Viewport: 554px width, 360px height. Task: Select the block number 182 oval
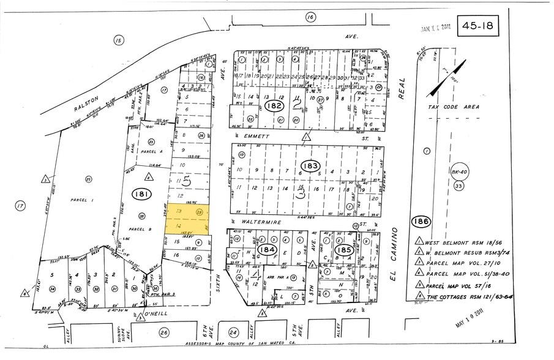[274, 107]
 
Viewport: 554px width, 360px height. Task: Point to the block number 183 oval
[312, 165]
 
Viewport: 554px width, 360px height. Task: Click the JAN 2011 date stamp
[435, 28]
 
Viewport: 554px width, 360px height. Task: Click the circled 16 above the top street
[311, 17]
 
